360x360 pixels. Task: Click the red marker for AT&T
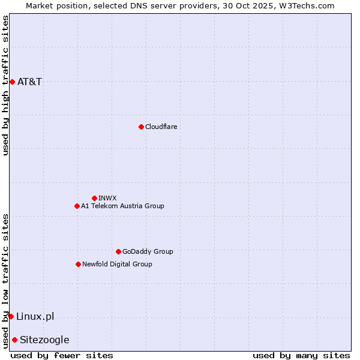(12, 82)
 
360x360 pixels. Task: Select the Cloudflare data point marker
(141, 127)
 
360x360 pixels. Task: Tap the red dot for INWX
(94, 198)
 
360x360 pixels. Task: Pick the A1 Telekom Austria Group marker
(77, 206)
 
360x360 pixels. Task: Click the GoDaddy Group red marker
(118, 251)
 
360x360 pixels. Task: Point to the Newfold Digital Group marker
(78, 264)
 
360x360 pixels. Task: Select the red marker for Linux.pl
(11, 316)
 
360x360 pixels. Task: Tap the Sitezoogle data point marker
(14, 340)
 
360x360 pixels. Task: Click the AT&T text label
(30, 82)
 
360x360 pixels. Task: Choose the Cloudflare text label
(161, 127)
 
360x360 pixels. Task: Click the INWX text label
(108, 198)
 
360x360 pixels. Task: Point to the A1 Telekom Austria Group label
(123, 206)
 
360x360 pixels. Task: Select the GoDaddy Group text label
(148, 251)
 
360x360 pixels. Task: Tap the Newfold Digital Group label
(118, 264)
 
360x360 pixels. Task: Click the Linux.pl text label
(35, 316)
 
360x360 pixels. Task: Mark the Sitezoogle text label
(45, 340)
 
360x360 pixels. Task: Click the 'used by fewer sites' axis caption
(62, 355)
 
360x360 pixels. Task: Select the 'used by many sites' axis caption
(301, 355)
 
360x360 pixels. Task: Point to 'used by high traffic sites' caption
(5, 85)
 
